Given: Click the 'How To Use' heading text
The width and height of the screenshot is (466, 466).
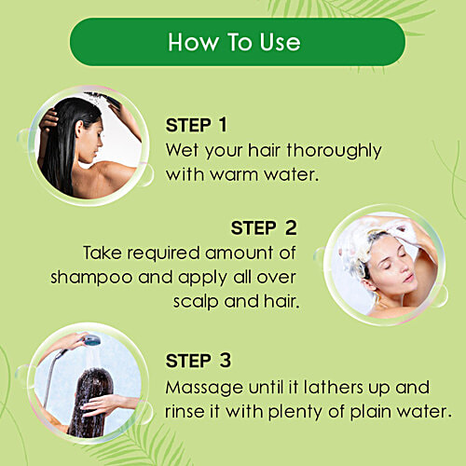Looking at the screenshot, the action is point(234,42).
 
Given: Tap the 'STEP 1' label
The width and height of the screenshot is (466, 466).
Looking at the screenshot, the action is point(197,125).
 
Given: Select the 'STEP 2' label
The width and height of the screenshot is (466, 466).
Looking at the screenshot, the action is point(264,227).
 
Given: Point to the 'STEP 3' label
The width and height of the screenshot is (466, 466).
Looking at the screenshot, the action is point(199,361).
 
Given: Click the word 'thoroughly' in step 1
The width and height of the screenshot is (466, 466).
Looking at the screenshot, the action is point(334,152).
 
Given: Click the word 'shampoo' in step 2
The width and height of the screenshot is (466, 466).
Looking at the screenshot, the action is point(91,278).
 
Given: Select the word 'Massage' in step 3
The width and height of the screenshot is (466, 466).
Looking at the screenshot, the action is point(204,389).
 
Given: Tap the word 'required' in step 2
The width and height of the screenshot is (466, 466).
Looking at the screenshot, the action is point(163,254).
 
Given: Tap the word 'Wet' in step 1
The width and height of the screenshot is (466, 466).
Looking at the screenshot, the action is point(182,150).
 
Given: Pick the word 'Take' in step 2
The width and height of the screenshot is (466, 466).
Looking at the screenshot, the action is point(103,253).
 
